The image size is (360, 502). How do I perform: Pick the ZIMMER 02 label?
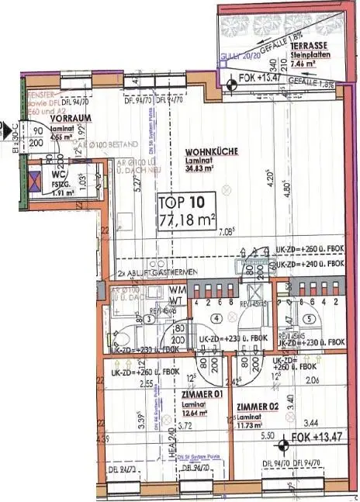259,406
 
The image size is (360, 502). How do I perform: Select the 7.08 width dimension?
227,231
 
